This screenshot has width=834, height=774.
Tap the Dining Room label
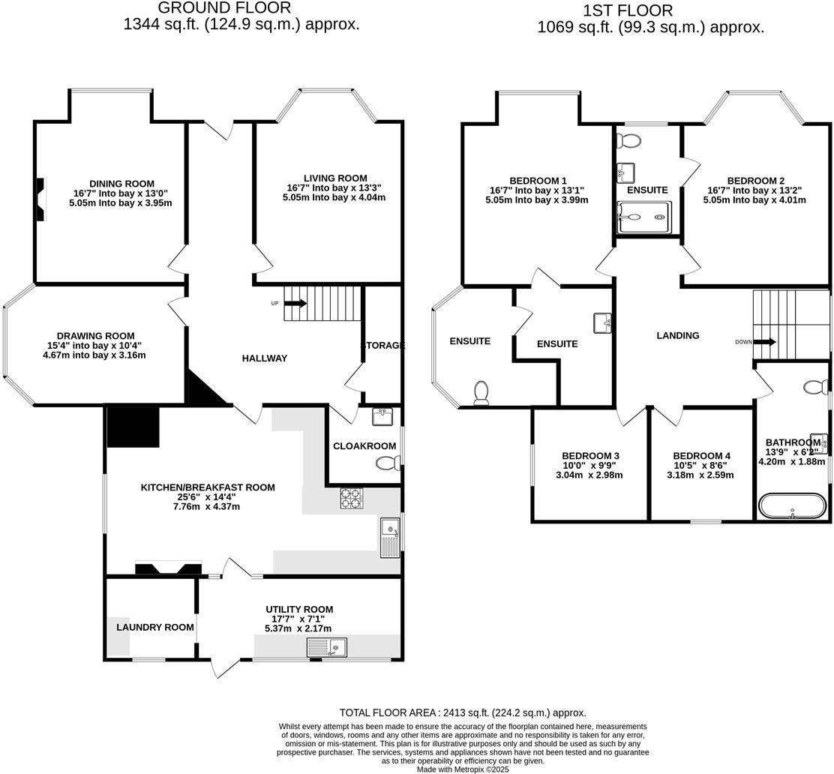(121, 184)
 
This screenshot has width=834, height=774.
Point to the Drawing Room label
(96, 336)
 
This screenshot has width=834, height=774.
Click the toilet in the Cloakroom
(386, 463)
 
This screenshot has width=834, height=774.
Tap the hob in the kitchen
(352, 499)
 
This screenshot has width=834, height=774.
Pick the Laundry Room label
(155, 627)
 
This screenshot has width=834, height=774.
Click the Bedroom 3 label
(590, 456)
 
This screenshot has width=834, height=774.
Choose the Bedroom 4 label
(701, 456)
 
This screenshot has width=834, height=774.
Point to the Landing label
(678, 336)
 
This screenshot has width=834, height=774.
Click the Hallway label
(265, 358)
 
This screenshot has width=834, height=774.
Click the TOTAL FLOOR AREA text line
(463, 713)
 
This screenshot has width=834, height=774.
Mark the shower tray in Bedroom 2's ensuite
(643, 218)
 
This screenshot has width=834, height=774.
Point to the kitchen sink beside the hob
(390, 538)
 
